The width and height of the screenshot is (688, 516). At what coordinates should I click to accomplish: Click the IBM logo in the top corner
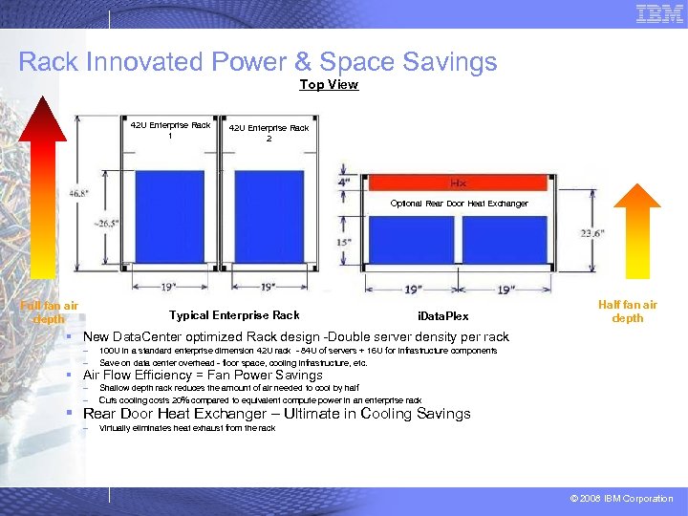click(659, 14)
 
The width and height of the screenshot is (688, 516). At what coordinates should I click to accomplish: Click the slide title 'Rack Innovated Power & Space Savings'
click(258, 62)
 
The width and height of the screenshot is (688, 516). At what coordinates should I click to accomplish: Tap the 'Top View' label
click(329, 84)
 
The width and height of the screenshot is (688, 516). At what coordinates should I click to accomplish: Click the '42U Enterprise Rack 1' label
click(172, 130)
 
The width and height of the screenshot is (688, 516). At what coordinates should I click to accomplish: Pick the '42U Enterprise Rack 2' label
click(269, 133)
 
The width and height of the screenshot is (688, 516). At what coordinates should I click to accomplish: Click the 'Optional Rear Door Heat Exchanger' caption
click(459, 204)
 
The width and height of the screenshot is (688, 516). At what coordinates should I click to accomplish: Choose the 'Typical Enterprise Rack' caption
click(234, 315)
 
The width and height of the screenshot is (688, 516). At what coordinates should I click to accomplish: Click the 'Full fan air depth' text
click(49, 312)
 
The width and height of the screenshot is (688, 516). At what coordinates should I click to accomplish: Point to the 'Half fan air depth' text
click(627, 312)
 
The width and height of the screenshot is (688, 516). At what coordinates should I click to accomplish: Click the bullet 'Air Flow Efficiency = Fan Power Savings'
click(203, 375)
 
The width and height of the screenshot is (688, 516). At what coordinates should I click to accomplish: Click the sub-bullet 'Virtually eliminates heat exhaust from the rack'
click(186, 428)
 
